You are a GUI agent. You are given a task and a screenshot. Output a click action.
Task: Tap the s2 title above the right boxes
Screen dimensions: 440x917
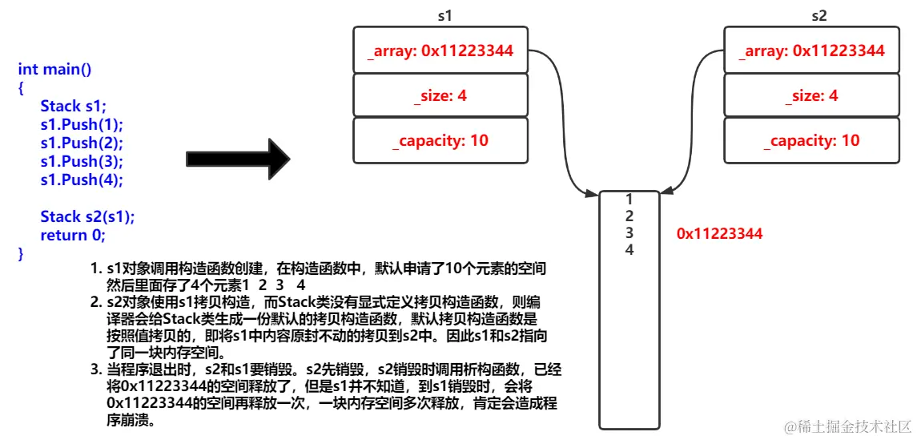click(819, 15)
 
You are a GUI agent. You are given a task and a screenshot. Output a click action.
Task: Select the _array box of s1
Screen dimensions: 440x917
click(440, 50)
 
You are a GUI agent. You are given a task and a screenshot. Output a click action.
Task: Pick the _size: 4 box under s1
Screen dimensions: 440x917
click(440, 95)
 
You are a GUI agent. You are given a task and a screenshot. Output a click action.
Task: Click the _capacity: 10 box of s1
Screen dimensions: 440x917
click(440, 140)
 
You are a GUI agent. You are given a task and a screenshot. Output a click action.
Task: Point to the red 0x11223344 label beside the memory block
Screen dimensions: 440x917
click(720, 234)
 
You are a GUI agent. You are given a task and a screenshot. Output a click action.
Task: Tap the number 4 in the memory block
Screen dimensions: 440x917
click(629, 249)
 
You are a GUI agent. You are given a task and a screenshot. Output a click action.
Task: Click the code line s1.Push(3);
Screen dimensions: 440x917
click(82, 161)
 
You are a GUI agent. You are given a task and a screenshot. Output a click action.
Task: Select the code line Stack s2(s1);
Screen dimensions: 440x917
click(87, 216)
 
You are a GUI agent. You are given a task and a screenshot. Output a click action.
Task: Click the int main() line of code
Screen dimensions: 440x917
click(54, 69)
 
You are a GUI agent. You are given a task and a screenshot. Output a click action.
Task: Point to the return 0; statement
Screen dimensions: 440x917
click(73, 235)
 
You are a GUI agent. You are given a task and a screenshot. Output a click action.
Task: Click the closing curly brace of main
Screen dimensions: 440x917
click(22, 253)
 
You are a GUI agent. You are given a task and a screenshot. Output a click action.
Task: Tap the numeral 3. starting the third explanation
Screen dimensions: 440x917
click(95, 369)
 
